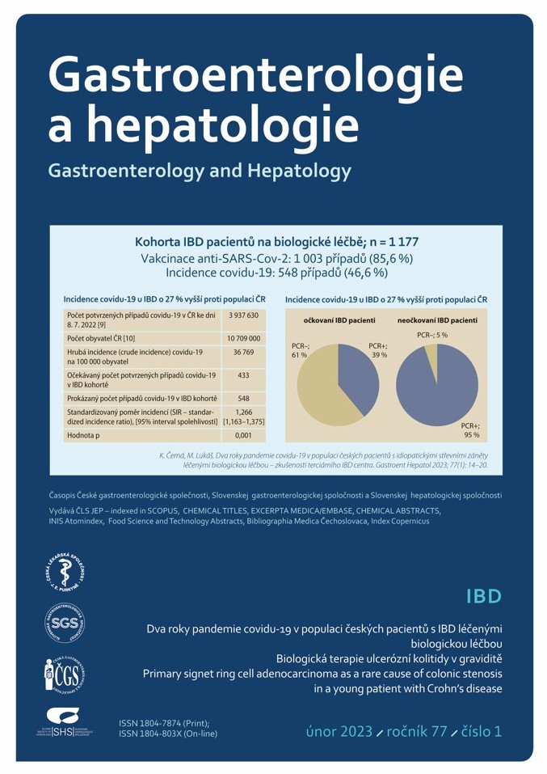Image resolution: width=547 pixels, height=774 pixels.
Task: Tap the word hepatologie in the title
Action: (x=223, y=126)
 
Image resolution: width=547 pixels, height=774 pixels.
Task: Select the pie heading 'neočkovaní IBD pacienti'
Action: (x=437, y=321)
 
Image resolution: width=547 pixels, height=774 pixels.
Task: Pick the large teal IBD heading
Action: (x=484, y=597)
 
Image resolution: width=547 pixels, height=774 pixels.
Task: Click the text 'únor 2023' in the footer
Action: (x=339, y=731)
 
